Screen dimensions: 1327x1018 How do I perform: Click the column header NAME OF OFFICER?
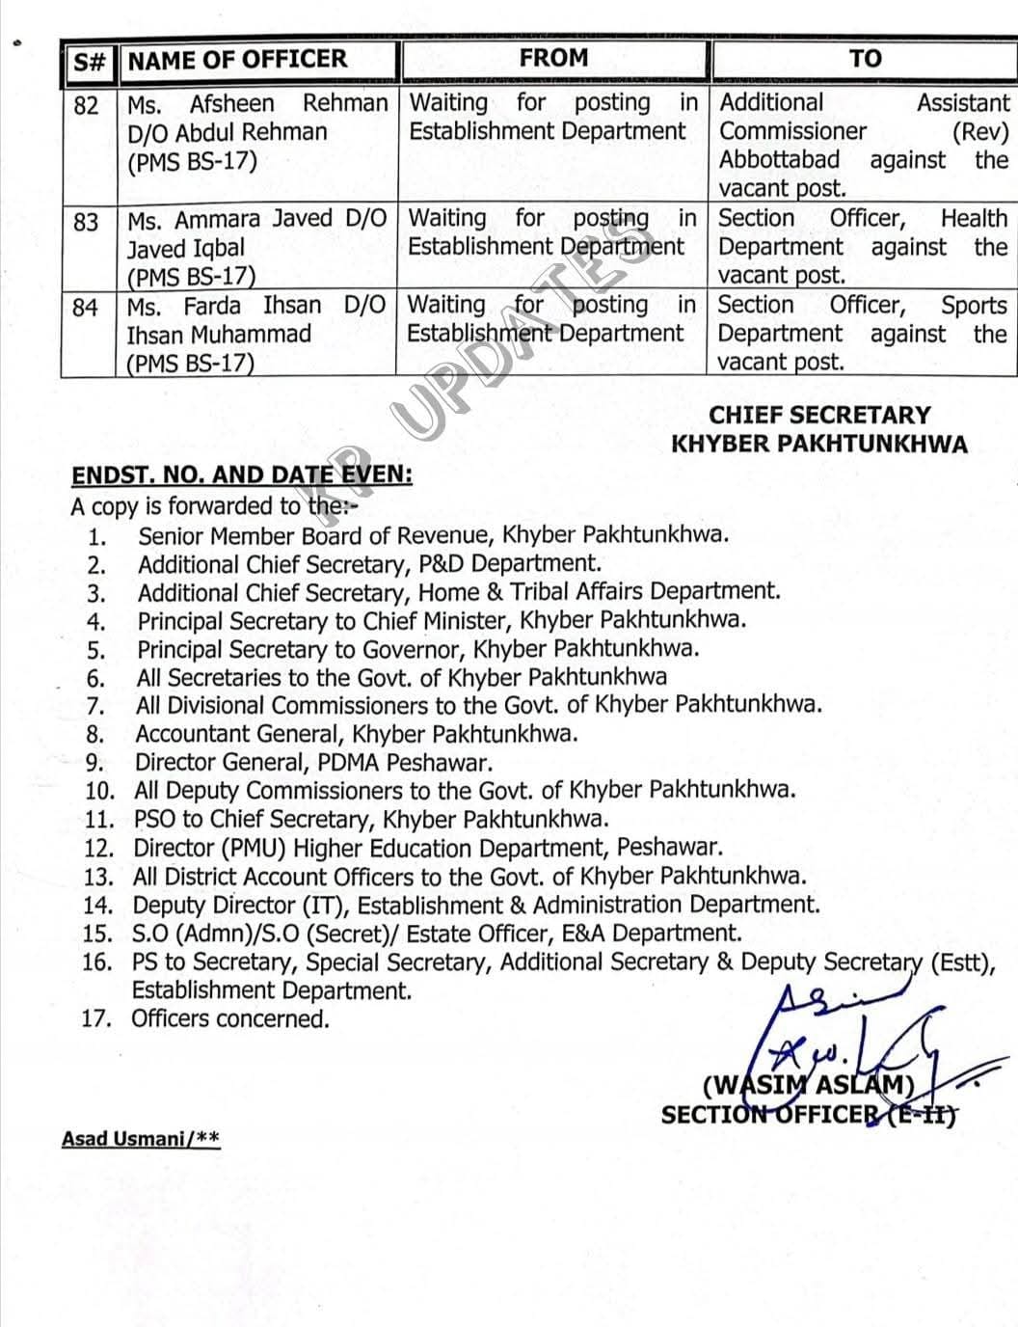[x=237, y=60]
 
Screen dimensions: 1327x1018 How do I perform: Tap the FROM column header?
[x=553, y=58]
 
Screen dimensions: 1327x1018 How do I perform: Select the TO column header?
[x=865, y=59]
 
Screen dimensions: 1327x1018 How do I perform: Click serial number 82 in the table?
[x=87, y=105]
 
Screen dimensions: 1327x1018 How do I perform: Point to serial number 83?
[x=86, y=222]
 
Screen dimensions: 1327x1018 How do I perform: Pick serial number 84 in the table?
[x=85, y=308]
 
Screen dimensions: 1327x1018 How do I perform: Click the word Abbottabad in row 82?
[x=779, y=160]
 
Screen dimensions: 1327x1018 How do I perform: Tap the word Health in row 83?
[x=973, y=219]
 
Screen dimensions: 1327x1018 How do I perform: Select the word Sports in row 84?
[x=974, y=306]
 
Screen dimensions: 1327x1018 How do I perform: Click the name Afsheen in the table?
[x=231, y=104]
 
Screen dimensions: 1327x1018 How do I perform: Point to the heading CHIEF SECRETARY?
[x=819, y=416]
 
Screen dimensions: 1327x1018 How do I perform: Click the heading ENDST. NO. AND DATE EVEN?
[x=242, y=475]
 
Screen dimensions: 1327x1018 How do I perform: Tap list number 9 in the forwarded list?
[x=94, y=763]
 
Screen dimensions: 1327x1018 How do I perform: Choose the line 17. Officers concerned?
[x=205, y=1018]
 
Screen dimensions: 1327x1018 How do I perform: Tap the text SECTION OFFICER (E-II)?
[x=808, y=1115]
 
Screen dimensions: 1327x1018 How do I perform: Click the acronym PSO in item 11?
[x=154, y=820]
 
